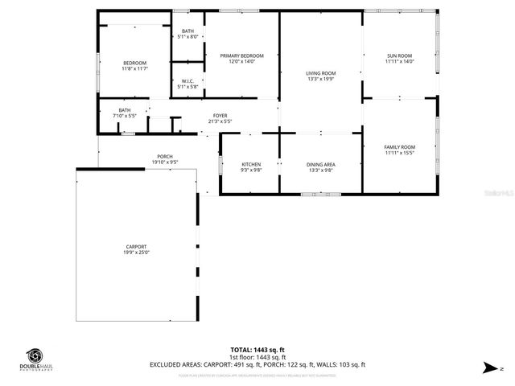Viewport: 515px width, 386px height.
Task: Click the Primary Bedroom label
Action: pos(241,55)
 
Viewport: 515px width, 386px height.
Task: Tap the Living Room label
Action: pos(320,73)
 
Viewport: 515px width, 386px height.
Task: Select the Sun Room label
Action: pos(399,55)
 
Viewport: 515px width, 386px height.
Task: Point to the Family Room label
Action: pos(399,146)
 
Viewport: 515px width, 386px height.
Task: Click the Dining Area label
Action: pos(320,164)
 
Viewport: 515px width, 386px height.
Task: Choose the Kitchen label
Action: pos(251,164)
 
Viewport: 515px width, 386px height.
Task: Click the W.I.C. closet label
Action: pos(187,80)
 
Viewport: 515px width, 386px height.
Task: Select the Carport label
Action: pos(136,247)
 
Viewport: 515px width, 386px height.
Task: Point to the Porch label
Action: pos(164,156)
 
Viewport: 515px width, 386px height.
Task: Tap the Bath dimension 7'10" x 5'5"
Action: pos(125,116)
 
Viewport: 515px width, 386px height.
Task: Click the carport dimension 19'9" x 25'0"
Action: pos(136,253)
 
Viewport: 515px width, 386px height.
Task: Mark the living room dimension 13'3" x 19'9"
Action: pos(320,79)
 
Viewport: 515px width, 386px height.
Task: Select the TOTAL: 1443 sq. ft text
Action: pos(257,350)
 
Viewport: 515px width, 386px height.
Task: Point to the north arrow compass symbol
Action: pos(488,367)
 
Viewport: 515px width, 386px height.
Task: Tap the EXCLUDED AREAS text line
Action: pos(257,364)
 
